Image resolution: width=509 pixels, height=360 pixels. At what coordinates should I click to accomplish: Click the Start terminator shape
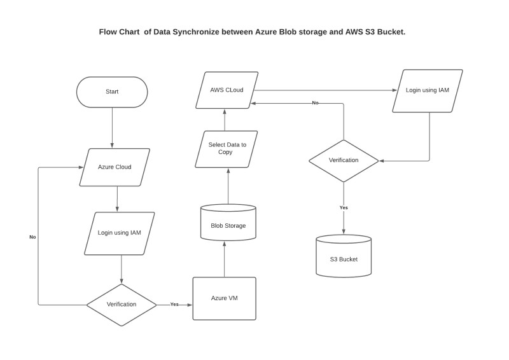(x=112, y=92)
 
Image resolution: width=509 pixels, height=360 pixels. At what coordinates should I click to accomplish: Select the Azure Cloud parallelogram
(x=115, y=167)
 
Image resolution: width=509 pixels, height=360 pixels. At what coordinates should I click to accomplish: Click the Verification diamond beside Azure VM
(x=121, y=305)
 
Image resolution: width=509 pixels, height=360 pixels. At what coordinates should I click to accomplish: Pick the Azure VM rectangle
(x=224, y=298)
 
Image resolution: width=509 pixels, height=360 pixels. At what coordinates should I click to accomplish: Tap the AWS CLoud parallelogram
(x=227, y=90)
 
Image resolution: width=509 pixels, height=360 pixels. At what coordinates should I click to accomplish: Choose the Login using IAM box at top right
(x=427, y=90)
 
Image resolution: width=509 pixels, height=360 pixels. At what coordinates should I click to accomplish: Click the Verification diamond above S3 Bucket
(x=344, y=160)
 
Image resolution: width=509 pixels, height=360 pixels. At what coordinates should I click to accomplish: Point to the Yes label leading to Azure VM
(x=174, y=305)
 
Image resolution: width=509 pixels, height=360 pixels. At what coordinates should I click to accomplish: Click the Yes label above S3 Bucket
(x=344, y=208)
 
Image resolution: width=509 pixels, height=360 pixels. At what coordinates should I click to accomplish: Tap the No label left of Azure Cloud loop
(x=32, y=237)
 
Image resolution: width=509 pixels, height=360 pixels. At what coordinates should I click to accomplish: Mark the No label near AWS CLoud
(x=315, y=102)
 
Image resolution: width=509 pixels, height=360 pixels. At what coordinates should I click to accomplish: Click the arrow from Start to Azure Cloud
(x=112, y=127)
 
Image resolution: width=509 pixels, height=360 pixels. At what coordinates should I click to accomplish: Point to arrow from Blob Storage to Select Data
(x=227, y=186)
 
